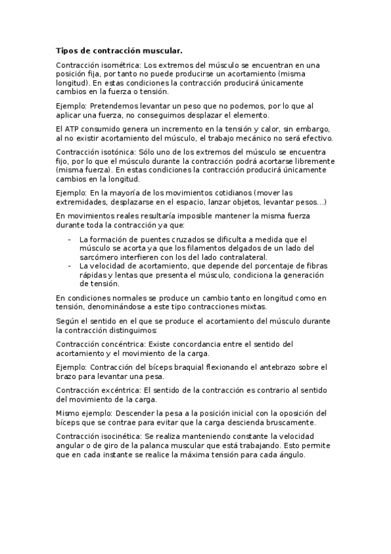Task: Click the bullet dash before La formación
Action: coord(70,239)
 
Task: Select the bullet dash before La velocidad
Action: coord(70,266)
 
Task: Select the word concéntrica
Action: coord(122,344)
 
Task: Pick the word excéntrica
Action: coord(121,389)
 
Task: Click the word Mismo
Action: coord(68,413)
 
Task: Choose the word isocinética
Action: coord(122,436)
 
